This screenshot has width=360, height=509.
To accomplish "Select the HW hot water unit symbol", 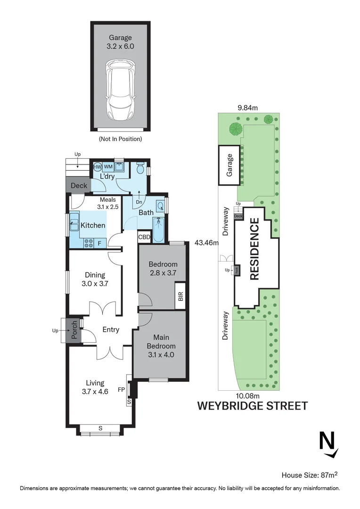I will click(98, 166).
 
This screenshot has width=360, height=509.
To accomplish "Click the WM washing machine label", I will click(108, 166).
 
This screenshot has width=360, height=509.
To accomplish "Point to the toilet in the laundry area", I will click(140, 168).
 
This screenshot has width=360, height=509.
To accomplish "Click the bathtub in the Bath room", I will click(159, 230).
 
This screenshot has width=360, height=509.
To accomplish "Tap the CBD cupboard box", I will click(144, 237).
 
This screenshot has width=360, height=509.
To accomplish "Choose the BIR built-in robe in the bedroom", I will click(180, 296).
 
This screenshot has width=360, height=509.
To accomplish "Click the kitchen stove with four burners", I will click(88, 243).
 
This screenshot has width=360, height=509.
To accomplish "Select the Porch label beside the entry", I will click(74, 330).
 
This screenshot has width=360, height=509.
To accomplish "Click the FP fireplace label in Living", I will click(121, 390).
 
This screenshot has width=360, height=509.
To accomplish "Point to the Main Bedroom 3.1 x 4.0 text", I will click(161, 346).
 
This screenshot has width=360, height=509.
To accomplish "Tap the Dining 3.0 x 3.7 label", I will click(95, 279).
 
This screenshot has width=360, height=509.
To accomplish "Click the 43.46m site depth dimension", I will click(207, 243).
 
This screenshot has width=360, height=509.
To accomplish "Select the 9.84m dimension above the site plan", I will click(247, 107).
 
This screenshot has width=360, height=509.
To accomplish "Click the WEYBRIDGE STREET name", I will click(252, 405).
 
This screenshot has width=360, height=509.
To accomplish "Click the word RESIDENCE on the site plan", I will click(254, 249).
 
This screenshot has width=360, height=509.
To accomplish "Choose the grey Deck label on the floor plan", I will click(79, 186).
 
